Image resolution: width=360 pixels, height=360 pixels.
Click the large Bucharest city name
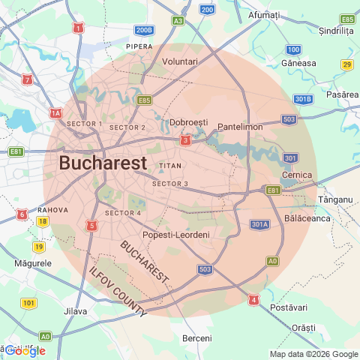pyautogui.click(x=102, y=163)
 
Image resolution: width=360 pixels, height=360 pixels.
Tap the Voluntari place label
pyautogui.click(x=180, y=61)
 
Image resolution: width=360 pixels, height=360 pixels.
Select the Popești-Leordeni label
pyautogui.click(x=176, y=235)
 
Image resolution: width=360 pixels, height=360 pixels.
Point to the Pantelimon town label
pyautogui.click(x=240, y=127)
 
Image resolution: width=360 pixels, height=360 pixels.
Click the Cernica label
pyautogui.click(x=296, y=175)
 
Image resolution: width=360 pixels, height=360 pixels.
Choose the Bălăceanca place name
pyautogui.click(x=307, y=218)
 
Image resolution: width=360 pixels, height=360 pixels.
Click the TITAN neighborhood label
pyautogui.click(x=171, y=165)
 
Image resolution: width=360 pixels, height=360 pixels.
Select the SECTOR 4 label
pyautogui.click(x=123, y=213)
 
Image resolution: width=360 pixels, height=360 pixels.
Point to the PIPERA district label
pyautogui.click(x=139, y=46)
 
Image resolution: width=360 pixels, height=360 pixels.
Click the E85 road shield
pyautogui.click(x=145, y=100)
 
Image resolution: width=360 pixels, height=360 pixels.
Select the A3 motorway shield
pyautogui.click(x=178, y=21)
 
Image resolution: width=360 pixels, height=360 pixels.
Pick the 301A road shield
pyautogui.click(x=259, y=223)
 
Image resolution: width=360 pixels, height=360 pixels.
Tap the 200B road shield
pyautogui.click(x=144, y=30)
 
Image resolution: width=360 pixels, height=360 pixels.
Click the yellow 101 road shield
pyautogui.click(x=28, y=303)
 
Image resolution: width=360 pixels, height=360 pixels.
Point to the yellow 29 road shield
pyautogui.click(x=346, y=65)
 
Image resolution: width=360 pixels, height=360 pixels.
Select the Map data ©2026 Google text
pyautogui.click(x=314, y=354)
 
